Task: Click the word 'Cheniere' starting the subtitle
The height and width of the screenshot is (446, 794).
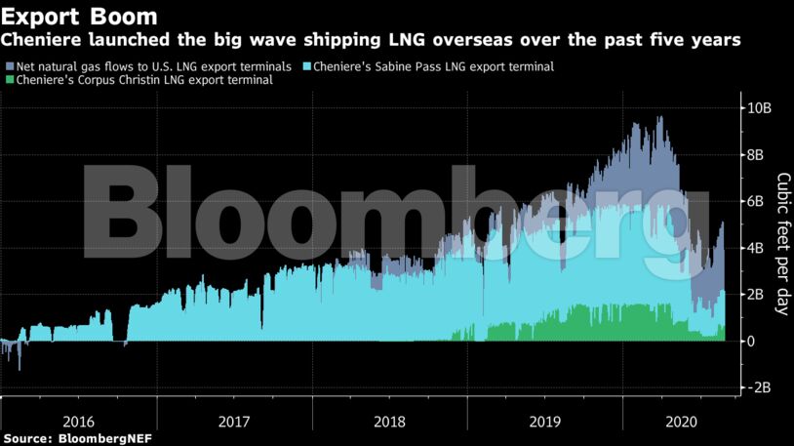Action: pyautogui.click(x=39, y=41)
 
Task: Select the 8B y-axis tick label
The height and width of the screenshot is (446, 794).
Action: pyautogui.click(x=757, y=154)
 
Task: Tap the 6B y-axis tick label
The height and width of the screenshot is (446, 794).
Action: pyautogui.click(x=757, y=201)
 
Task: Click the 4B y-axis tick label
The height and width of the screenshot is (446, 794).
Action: pyautogui.click(x=757, y=248)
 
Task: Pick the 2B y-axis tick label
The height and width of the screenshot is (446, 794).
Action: pyautogui.click(x=757, y=295)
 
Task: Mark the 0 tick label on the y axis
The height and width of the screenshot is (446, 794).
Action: pyautogui.click(x=749, y=341)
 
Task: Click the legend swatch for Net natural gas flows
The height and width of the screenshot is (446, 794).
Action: pyautogui.click(x=9, y=66)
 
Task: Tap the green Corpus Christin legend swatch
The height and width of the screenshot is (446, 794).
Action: pyautogui.click(x=9, y=80)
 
